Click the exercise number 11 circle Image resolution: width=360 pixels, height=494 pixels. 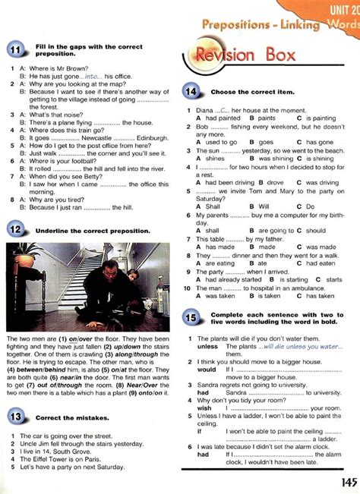[16, 51]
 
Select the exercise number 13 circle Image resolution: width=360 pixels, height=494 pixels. [16, 416]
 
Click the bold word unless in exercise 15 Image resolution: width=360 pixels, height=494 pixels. [207, 346]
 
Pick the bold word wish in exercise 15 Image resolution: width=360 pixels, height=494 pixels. [204, 408]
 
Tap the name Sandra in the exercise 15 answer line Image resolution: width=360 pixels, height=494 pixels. [237, 392]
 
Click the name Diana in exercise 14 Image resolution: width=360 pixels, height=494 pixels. [205, 110]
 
